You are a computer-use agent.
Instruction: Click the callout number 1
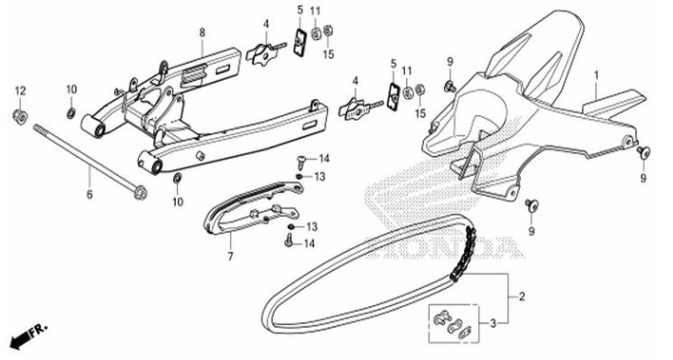click(596, 74)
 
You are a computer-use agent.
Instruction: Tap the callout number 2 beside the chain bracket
click(520, 295)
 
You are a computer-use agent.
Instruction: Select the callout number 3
click(492, 323)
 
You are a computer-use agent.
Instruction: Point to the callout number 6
click(90, 195)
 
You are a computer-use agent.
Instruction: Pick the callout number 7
click(229, 256)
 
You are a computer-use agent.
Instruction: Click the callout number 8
click(202, 32)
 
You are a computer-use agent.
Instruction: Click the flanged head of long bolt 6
click(142, 190)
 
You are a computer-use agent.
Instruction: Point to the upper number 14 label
click(323, 158)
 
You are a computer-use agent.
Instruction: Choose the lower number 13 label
click(311, 227)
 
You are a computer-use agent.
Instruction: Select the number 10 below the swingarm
click(178, 201)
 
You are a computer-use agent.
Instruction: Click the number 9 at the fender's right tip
click(643, 178)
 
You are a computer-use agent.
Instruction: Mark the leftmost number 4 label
click(266, 24)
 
